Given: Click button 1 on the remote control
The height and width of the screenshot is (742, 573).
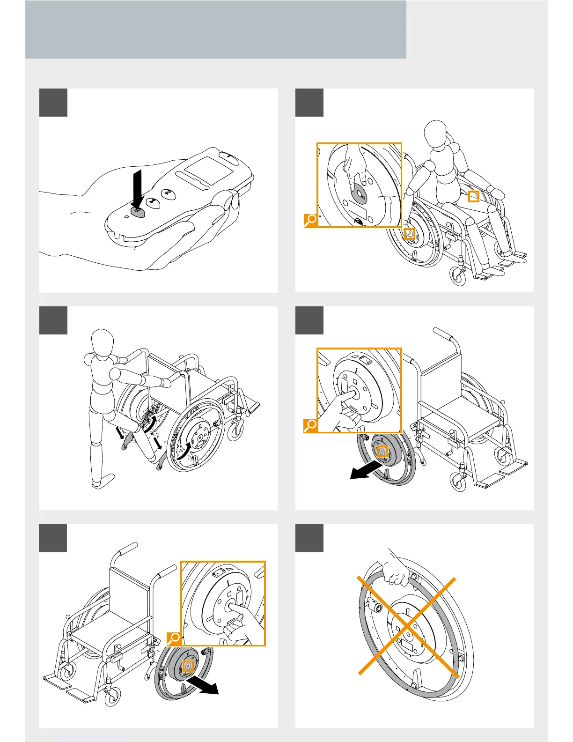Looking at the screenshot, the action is [x=153, y=202].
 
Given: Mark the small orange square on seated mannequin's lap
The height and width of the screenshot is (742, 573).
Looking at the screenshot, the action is [x=474, y=196].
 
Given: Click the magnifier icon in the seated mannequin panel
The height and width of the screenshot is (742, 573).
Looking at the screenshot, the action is [x=310, y=220].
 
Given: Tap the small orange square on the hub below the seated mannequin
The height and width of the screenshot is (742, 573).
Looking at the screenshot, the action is [x=410, y=234].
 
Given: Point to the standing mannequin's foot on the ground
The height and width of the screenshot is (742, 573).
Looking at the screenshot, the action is [x=103, y=481].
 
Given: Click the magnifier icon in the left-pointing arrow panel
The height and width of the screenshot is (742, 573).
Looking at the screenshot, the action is [x=310, y=425].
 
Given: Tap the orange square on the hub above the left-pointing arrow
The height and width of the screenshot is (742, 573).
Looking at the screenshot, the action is [x=382, y=451].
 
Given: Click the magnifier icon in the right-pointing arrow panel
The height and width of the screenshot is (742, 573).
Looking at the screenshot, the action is [x=174, y=638].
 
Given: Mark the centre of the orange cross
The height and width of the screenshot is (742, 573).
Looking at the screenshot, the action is [x=407, y=626].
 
